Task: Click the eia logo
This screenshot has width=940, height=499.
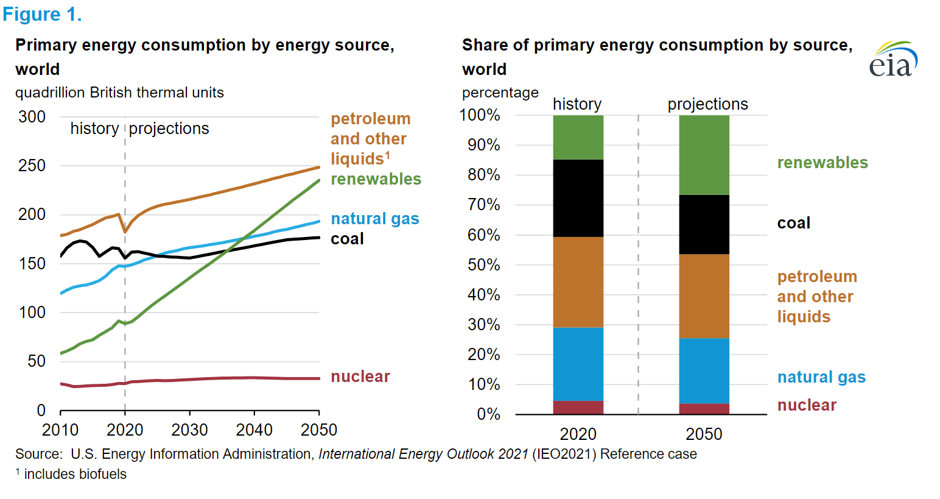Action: click(x=893, y=60)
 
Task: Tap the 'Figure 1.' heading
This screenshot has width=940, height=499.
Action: click(x=42, y=14)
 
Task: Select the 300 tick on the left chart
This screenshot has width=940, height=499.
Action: click(x=32, y=117)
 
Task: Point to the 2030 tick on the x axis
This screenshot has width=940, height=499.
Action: click(x=189, y=430)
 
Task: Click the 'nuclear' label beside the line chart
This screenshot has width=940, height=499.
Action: click(x=360, y=377)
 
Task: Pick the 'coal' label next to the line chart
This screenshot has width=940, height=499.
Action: click(x=347, y=239)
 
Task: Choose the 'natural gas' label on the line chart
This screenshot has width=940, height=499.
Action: click(x=375, y=219)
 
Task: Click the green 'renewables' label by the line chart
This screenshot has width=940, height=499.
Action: click(x=376, y=179)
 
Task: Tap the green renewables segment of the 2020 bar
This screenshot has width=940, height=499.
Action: click(x=578, y=137)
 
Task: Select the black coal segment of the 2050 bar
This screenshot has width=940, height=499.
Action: click(x=704, y=224)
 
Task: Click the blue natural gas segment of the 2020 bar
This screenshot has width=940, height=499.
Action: click(x=578, y=364)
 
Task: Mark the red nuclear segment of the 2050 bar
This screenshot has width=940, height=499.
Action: click(x=704, y=409)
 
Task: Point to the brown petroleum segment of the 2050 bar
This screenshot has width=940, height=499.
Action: click(x=704, y=296)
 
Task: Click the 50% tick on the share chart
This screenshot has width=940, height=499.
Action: click(x=484, y=265)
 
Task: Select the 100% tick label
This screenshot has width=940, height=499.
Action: click(x=480, y=115)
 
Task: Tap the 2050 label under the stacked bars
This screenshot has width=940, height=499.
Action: click(x=704, y=434)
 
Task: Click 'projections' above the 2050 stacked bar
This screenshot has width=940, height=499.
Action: click(x=707, y=104)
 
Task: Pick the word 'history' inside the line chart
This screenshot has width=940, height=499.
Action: click(x=94, y=129)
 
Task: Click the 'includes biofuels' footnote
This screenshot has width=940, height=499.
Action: click(x=75, y=474)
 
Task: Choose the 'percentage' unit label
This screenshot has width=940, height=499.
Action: click(x=500, y=93)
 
